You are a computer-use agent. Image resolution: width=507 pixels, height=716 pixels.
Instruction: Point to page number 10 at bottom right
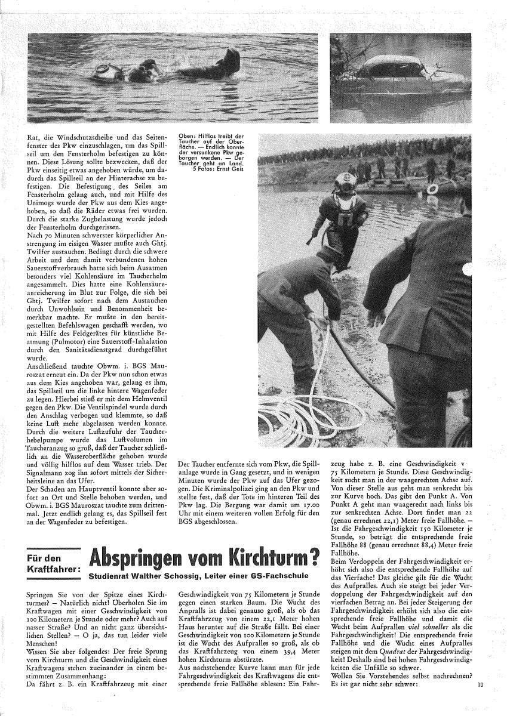tap(481, 702)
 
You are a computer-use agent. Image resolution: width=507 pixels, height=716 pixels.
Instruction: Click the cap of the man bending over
tap(327, 255)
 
